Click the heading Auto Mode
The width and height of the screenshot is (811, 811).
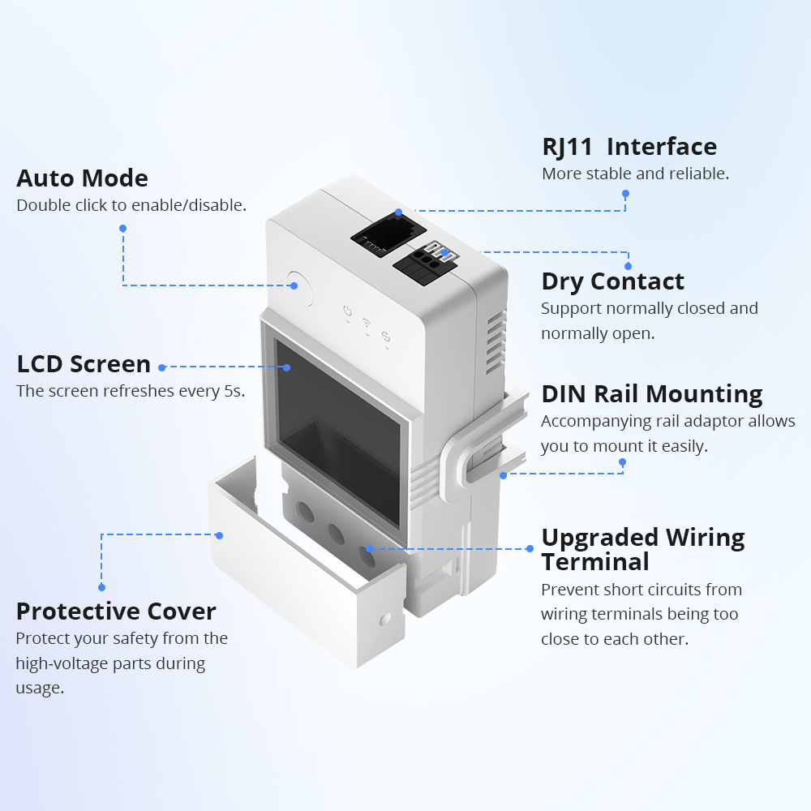point(82,178)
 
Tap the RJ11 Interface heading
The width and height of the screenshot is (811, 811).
point(629,147)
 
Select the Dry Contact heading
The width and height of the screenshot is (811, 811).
point(612,281)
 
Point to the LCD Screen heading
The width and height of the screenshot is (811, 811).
point(84,364)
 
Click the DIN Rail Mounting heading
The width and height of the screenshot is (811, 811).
point(652,394)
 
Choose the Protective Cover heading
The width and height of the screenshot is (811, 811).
point(116,611)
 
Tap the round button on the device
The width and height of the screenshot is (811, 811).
point(299,286)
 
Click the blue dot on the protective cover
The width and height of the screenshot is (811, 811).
point(220,535)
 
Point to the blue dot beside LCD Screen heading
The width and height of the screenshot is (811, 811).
point(162,367)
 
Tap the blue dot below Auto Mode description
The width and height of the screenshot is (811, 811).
point(122,229)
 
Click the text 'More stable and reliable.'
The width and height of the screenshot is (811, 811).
point(635,174)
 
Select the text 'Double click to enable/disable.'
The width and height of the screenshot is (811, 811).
point(131,205)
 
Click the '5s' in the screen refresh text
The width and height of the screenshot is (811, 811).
point(234,391)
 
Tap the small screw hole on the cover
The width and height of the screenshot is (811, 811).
point(384,619)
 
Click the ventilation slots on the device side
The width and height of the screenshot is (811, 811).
point(494,345)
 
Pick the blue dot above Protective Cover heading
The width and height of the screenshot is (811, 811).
point(102,586)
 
